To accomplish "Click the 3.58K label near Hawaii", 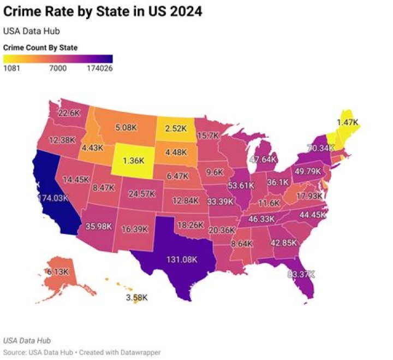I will pyautogui.click(x=136, y=298).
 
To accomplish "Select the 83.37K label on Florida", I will pyautogui.click(x=301, y=274).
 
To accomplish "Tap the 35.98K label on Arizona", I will pyautogui.click(x=99, y=226).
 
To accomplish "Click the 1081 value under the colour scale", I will pyautogui.click(x=11, y=68).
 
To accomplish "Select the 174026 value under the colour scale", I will pyautogui.click(x=99, y=68).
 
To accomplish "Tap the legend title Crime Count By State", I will pyautogui.click(x=40, y=48).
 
